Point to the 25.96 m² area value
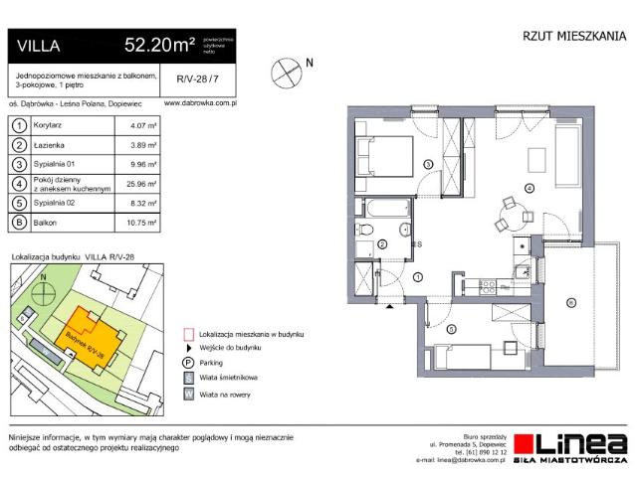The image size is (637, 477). (144, 184)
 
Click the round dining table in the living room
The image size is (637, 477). (513, 207)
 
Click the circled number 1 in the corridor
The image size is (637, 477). (417, 277)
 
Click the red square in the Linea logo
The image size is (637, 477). (524, 445)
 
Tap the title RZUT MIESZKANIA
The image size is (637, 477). (574, 37)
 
